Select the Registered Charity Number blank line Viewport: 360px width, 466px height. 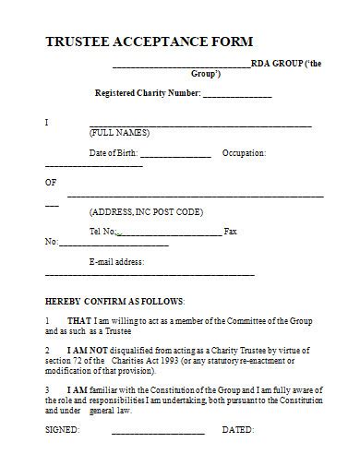pos(236,95)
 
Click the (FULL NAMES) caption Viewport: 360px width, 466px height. pos(119,133)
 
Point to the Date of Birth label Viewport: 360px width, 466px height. pos(112,153)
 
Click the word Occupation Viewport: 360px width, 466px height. pos(245,153)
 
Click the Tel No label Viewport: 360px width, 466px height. pos(102,231)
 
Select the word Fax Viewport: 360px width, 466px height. pos(231,231)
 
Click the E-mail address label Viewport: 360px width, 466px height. pos(116,262)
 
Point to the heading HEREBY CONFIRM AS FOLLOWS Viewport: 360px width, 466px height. pos(114,302)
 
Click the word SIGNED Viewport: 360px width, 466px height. pos(62,431)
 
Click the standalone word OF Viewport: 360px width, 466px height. pos(51,182)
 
